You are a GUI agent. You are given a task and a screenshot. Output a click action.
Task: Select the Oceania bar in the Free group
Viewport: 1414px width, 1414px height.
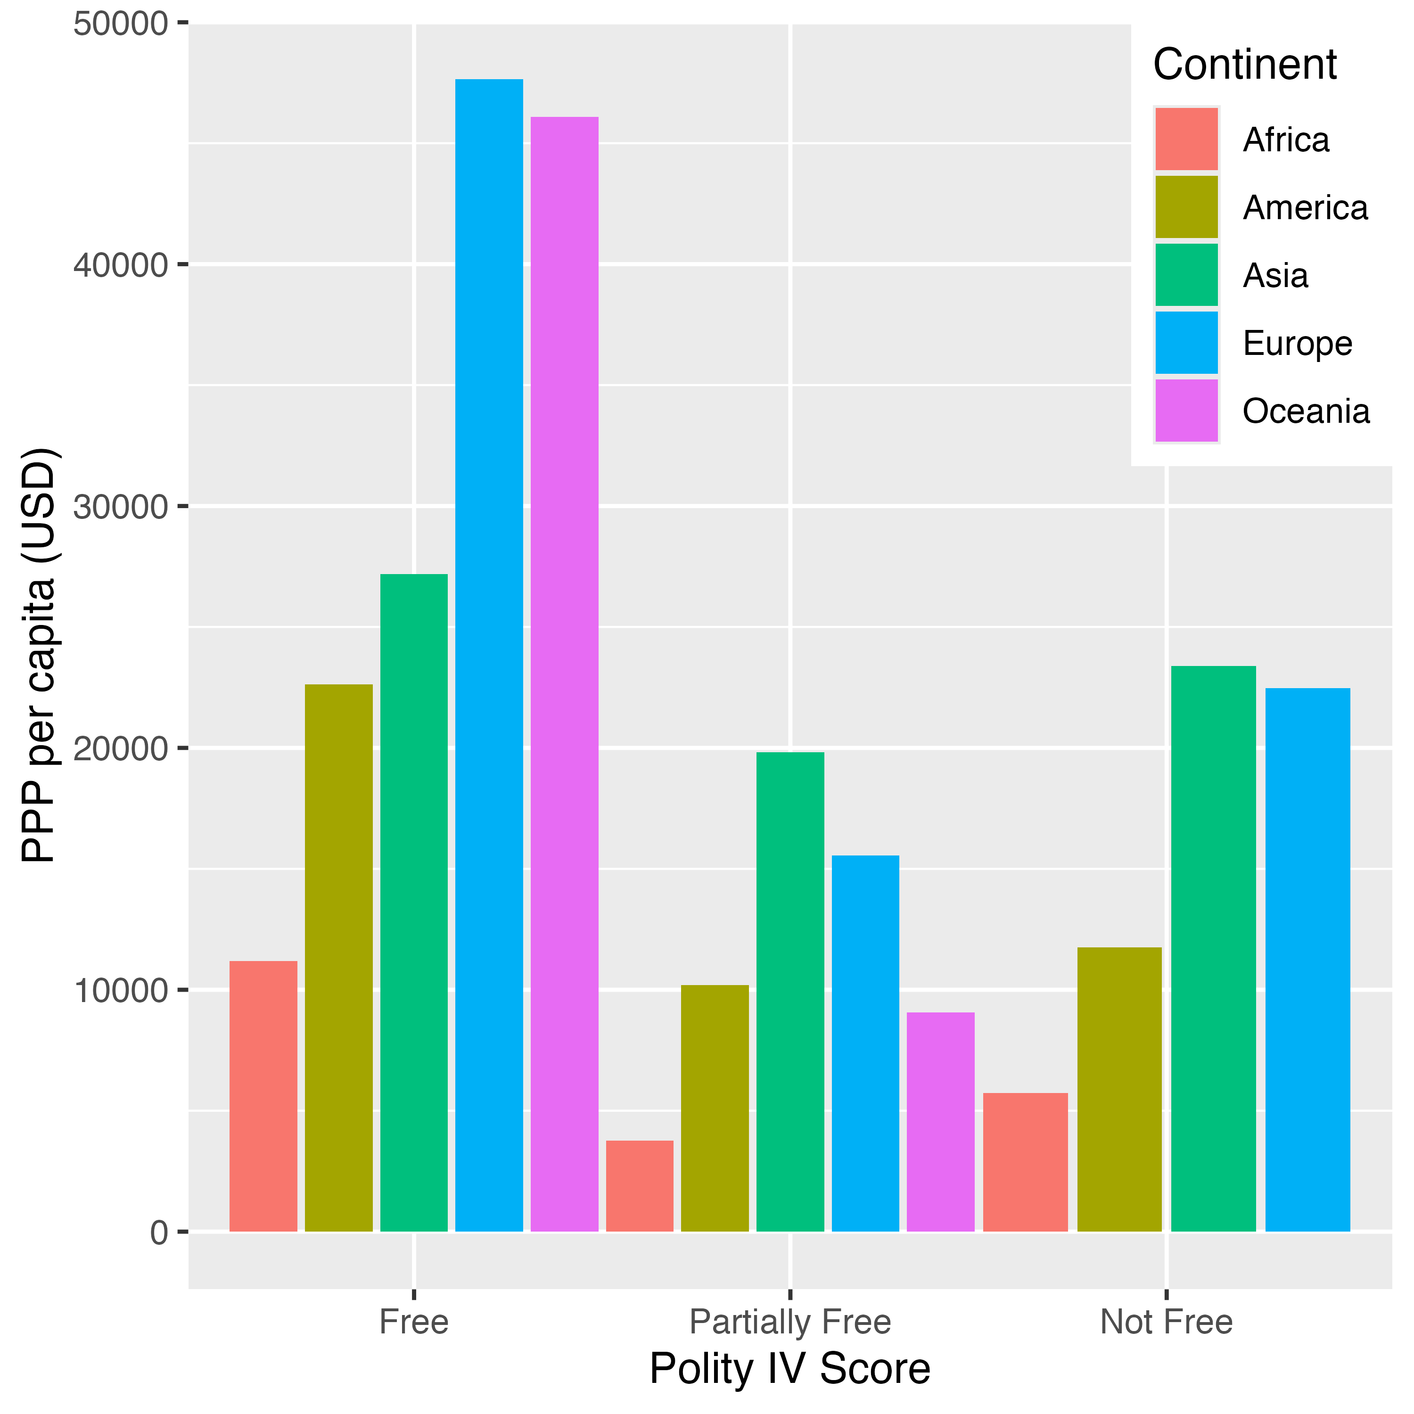pyautogui.click(x=564, y=674)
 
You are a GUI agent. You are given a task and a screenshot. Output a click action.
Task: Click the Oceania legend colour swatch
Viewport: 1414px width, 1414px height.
pyautogui.click(x=1186, y=411)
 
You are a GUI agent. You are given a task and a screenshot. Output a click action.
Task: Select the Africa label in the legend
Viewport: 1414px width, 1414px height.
pyautogui.click(x=1286, y=140)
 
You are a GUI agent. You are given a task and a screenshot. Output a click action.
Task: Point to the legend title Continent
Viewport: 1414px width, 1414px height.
pyautogui.click(x=1245, y=65)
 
